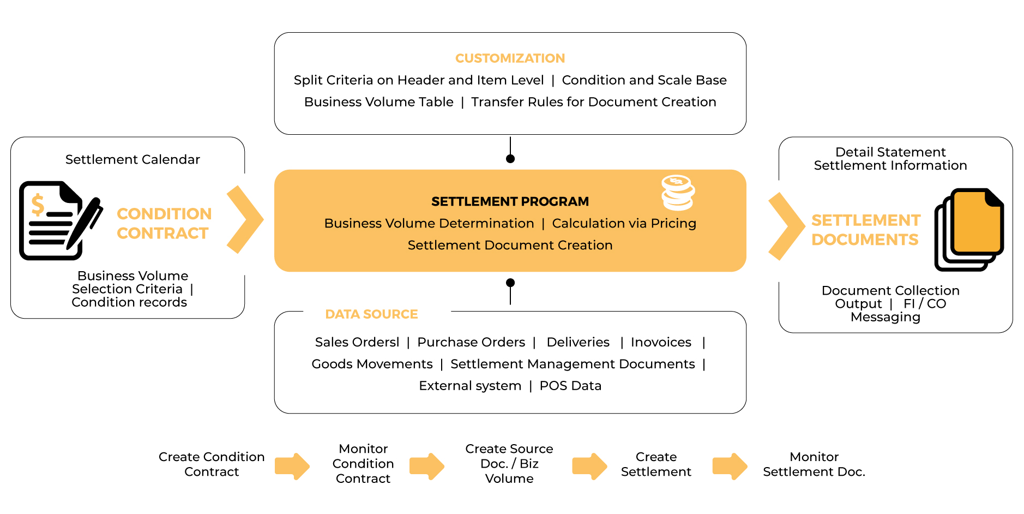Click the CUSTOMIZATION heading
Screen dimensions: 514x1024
click(510, 58)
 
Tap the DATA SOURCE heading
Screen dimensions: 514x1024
click(371, 314)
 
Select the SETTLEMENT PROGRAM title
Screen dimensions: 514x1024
click(510, 201)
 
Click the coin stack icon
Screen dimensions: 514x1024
click(678, 193)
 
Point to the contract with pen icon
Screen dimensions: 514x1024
click(59, 220)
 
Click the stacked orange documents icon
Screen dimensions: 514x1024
click(969, 229)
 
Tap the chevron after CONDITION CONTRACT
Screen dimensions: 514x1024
click(245, 219)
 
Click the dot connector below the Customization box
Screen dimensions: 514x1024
click(510, 158)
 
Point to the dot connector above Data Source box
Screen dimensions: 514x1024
click(510, 283)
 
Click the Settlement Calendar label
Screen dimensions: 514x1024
click(132, 159)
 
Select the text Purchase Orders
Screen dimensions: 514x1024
click(471, 342)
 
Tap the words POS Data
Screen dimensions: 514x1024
click(570, 386)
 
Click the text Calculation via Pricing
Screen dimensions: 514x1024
click(624, 223)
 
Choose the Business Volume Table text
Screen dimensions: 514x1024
click(379, 102)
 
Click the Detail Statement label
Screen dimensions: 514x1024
click(890, 152)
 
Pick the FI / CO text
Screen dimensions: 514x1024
click(925, 304)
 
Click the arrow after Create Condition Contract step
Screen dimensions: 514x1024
click(292, 466)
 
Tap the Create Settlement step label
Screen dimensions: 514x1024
click(656, 464)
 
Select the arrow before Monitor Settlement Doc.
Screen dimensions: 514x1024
click(730, 466)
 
